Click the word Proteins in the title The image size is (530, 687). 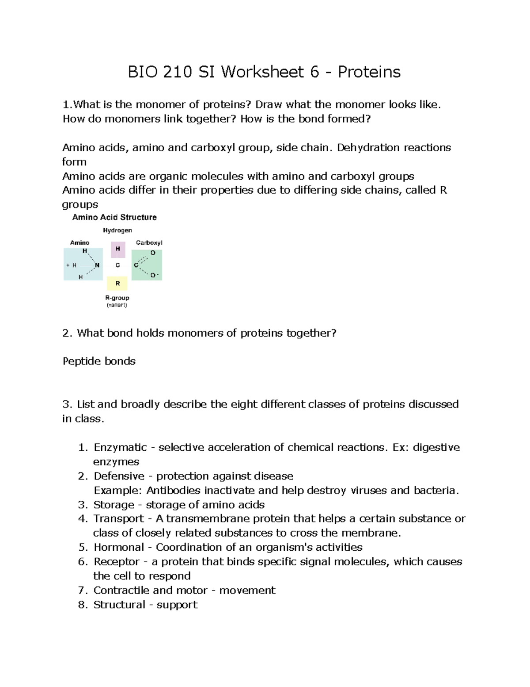point(369,72)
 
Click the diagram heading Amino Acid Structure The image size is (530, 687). point(114,217)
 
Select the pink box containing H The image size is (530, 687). point(118,249)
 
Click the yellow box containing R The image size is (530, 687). point(117,283)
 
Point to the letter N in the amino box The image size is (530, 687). point(97,265)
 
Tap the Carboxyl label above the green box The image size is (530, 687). point(149,242)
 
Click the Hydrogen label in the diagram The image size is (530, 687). point(117,230)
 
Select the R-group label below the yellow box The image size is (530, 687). point(117,298)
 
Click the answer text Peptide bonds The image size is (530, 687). point(99,361)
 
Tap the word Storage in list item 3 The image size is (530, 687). point(114,505)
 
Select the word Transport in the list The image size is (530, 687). point(119,518)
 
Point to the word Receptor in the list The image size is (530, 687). point(117,562)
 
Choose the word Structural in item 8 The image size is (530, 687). point(119,605)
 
